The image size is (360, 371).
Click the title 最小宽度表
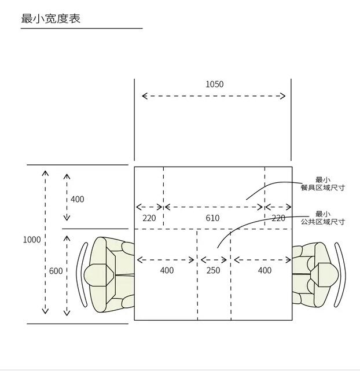(51, 19)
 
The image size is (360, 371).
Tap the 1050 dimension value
(215, 85)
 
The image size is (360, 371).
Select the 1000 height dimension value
(32, 240)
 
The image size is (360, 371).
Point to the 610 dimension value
(212, 218)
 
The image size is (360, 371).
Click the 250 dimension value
(213, 270)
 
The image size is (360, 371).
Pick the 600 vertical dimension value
(56, 271)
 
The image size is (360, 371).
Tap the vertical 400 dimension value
(78, 199)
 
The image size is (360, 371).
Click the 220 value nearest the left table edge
(149, 218)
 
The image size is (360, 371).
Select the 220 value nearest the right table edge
(278, 218)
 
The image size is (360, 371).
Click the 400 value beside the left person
(167, 270)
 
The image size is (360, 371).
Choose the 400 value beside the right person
(265, 270)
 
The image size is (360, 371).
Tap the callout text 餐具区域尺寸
(323, 188)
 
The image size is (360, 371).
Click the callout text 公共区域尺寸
(323, 222)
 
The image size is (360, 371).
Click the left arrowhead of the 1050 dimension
(144, 96)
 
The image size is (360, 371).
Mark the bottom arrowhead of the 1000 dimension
(45, 311)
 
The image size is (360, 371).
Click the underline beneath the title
(82, 28)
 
